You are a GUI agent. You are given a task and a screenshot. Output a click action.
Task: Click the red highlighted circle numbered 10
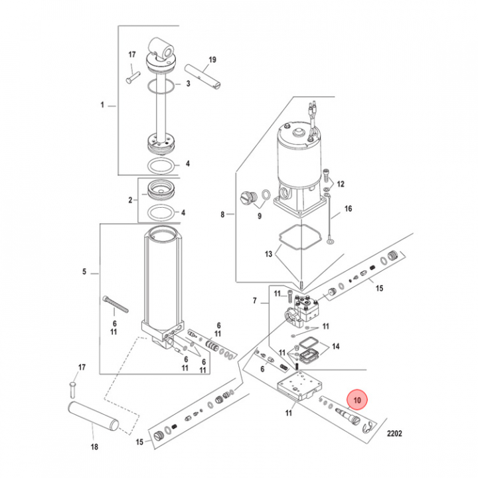point(357,400)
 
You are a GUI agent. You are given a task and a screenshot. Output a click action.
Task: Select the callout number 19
point(211,60)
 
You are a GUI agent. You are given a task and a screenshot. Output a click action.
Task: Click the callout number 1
point(102,105)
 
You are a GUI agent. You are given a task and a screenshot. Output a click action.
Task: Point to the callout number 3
point(188,84)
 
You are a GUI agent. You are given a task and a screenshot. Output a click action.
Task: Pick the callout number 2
point(131,199)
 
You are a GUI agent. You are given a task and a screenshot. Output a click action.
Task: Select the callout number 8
point(223,214)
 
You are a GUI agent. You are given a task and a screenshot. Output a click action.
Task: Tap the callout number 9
point(259,216)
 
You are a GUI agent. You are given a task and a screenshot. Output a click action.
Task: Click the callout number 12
point(341,184)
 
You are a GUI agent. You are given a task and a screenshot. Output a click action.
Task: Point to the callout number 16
point(347,208)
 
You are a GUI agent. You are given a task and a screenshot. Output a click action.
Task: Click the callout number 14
point(336,346)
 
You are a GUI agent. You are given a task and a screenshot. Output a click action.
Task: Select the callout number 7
point(254,301)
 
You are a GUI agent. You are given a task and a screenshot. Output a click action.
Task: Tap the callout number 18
point(94,447)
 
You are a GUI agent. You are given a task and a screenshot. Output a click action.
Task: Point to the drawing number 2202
point(394,435)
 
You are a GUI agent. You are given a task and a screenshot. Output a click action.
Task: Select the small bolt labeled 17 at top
point(129,77)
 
